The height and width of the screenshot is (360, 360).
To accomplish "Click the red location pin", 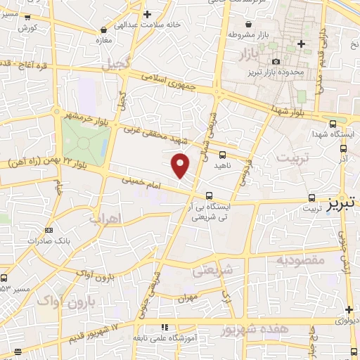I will coord(181,165).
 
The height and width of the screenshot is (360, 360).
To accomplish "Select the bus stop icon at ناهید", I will coord(222,155).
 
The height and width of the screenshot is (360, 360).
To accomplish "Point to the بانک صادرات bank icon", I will coord(48,230).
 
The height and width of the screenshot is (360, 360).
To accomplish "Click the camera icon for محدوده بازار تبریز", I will coord(276,61).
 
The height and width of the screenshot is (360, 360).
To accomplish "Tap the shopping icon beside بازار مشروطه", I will coord(231,33).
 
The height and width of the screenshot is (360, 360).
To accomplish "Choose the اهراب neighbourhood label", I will coord(106,219).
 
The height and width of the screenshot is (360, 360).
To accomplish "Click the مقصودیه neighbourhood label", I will coord(300,261).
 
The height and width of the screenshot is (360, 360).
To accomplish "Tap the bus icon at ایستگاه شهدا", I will coord(342,147).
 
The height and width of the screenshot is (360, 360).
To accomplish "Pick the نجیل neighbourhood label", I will coord(116,65).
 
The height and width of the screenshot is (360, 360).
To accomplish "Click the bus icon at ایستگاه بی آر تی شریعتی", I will coord(209,195).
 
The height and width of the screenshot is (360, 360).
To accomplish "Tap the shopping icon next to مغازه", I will coord(105,30).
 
